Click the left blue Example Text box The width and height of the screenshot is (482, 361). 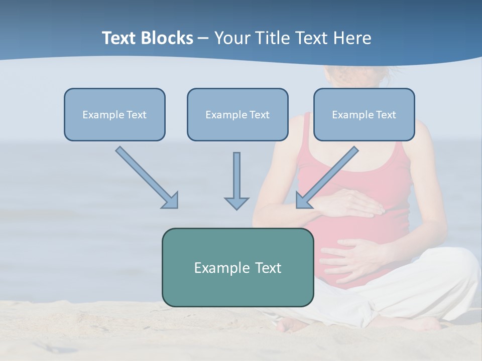(x=114, y=114)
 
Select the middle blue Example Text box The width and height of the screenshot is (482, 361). (x=237, y=114)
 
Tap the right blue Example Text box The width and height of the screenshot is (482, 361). (x=364, y=114)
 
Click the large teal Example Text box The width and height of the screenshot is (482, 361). (x=237, y=267)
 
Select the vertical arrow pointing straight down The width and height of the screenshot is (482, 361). (x=236, y=180)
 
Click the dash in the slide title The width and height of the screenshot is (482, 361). (x=203, y=38)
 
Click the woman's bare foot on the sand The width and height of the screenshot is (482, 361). (x=291, y=325)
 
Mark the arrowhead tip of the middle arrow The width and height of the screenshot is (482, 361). (x=236, y=209)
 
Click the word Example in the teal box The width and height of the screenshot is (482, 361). (x=215, y=267)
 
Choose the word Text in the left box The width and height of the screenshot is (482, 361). (x=137, y=114)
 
